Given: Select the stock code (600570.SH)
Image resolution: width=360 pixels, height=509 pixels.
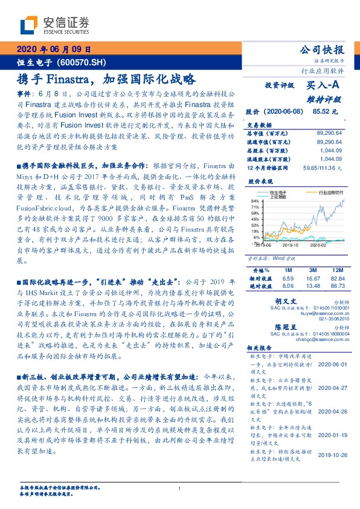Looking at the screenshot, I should [85, 62].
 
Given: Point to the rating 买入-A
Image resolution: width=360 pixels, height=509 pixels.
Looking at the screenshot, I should [324, 86].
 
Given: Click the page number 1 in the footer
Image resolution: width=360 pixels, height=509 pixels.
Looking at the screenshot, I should [180, 489].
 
